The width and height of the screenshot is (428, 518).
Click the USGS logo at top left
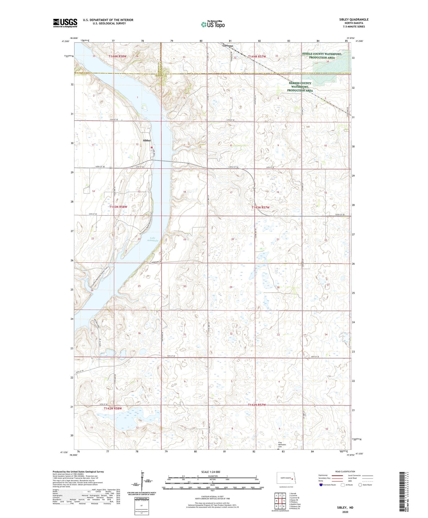tap(65, 23)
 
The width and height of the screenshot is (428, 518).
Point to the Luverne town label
tap(228, 46)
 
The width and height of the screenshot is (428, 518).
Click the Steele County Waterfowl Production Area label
tap(322, 56)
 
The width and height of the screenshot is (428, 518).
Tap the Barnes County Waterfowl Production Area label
tap(300, 87)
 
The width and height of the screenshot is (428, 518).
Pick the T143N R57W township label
tap(260, 207)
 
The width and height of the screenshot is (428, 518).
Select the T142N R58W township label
tap(113, 409)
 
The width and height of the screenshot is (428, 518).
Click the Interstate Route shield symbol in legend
tap(321, 485)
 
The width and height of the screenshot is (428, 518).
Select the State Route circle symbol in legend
tap(360, 485)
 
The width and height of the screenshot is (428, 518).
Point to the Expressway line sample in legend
tap(337, 475)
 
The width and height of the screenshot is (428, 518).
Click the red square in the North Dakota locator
tap(292, 479)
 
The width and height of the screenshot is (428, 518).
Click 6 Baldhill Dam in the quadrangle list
tap(295, 504)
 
